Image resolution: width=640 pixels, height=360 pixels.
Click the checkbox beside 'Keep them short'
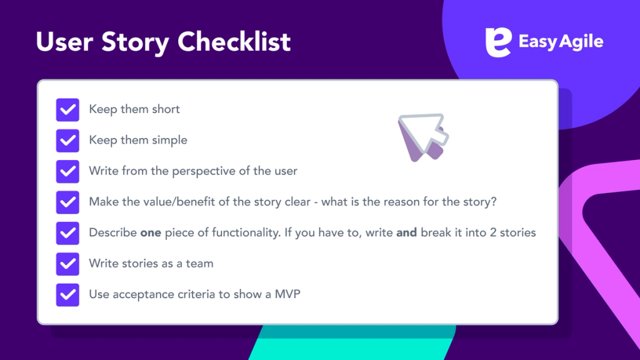coord(67,109)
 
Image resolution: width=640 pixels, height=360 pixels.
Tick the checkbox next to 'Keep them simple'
coord(67,140)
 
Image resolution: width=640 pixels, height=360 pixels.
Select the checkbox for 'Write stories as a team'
coord(67,264)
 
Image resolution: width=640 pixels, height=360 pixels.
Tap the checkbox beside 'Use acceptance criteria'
coord(67,294)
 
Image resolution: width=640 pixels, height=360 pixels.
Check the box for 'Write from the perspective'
coord(67,171)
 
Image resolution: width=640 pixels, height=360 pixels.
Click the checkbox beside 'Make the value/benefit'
coord(67,202)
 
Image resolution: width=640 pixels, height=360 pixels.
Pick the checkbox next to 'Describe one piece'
coord(67,233)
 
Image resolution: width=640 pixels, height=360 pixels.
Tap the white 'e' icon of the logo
coord(498,42)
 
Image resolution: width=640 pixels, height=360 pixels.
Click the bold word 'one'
coord(151,233)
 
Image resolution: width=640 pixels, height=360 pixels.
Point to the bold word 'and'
coord(407,233)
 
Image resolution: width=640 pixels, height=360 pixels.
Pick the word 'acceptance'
coord(140,294)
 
